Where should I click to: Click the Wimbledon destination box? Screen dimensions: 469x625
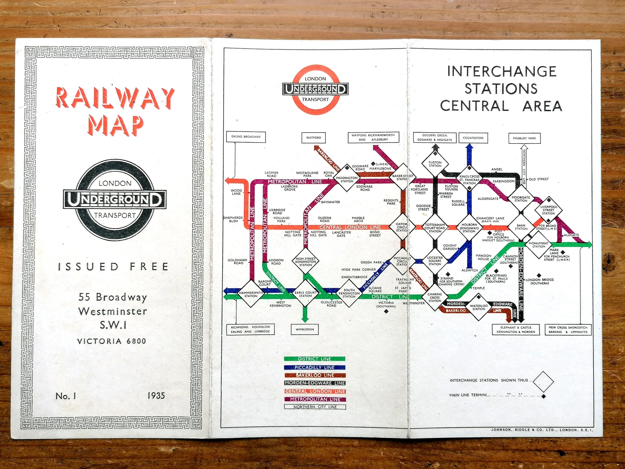pyautogui.click(x=305, y=329)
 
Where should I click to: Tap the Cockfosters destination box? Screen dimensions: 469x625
pyautogui.click(x=473, y=138)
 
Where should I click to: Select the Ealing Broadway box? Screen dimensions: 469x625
pyautogui.click(x=246, y=137)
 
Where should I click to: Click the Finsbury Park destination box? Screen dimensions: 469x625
pyautogui.click(x=524, y=138)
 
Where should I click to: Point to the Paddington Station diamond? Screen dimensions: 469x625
pyautogui.click(x=347, y=180)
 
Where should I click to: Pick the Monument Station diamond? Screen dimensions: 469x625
pyautogui.click(x=538, y=245)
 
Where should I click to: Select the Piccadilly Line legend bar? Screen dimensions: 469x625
pyautogui.click(x=314, y=367)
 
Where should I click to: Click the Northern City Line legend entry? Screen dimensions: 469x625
pyautogui.click(x=315, y=407)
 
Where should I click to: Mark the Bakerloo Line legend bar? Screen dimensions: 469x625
pyautogui.click(x=314, y=375)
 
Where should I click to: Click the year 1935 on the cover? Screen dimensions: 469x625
pyautogui.click(x=156, y=395)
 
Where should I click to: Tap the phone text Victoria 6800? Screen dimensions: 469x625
pyautogui.click(x=112, y=341)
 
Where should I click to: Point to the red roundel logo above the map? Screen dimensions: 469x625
pyautogui.click(x=315, y=89)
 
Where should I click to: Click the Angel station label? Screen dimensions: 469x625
pyautogui.click(x=497, y=169)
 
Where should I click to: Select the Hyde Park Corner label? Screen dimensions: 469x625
pyautogui.click(x=358, y=269)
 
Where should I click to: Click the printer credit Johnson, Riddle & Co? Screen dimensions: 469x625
pyautogui.click(x=542, y=430)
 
